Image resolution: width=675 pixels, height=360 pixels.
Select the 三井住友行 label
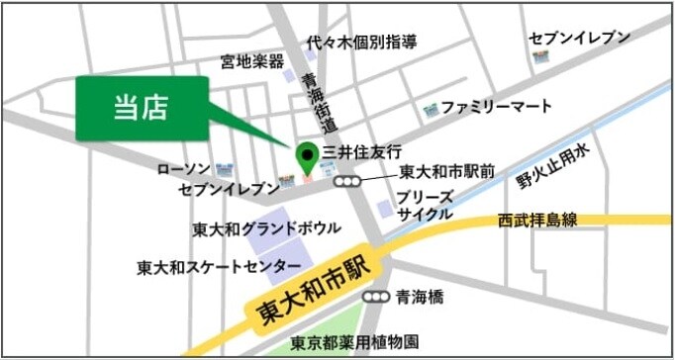click(x=363, y=153)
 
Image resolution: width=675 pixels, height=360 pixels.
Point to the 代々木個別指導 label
click(x=361, y=43)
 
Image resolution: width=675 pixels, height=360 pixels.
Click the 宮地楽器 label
click(x=252, y=62)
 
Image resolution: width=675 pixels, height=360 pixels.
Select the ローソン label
click(x=184, y=170)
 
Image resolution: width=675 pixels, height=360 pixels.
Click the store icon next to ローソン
click(x=224, y=170)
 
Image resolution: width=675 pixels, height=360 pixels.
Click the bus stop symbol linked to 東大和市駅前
click(x=345, y=182)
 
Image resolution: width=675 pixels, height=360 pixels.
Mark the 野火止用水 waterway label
click(x=552, y=166)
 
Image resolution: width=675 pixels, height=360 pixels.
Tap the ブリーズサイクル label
click(x=425, y=206)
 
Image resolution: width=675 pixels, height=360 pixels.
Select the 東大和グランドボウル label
click(x=266, y=229)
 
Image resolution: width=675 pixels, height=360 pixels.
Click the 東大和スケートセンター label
click(x=219, y=267)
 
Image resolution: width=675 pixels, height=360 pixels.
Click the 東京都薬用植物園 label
click(x=355, y=343)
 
